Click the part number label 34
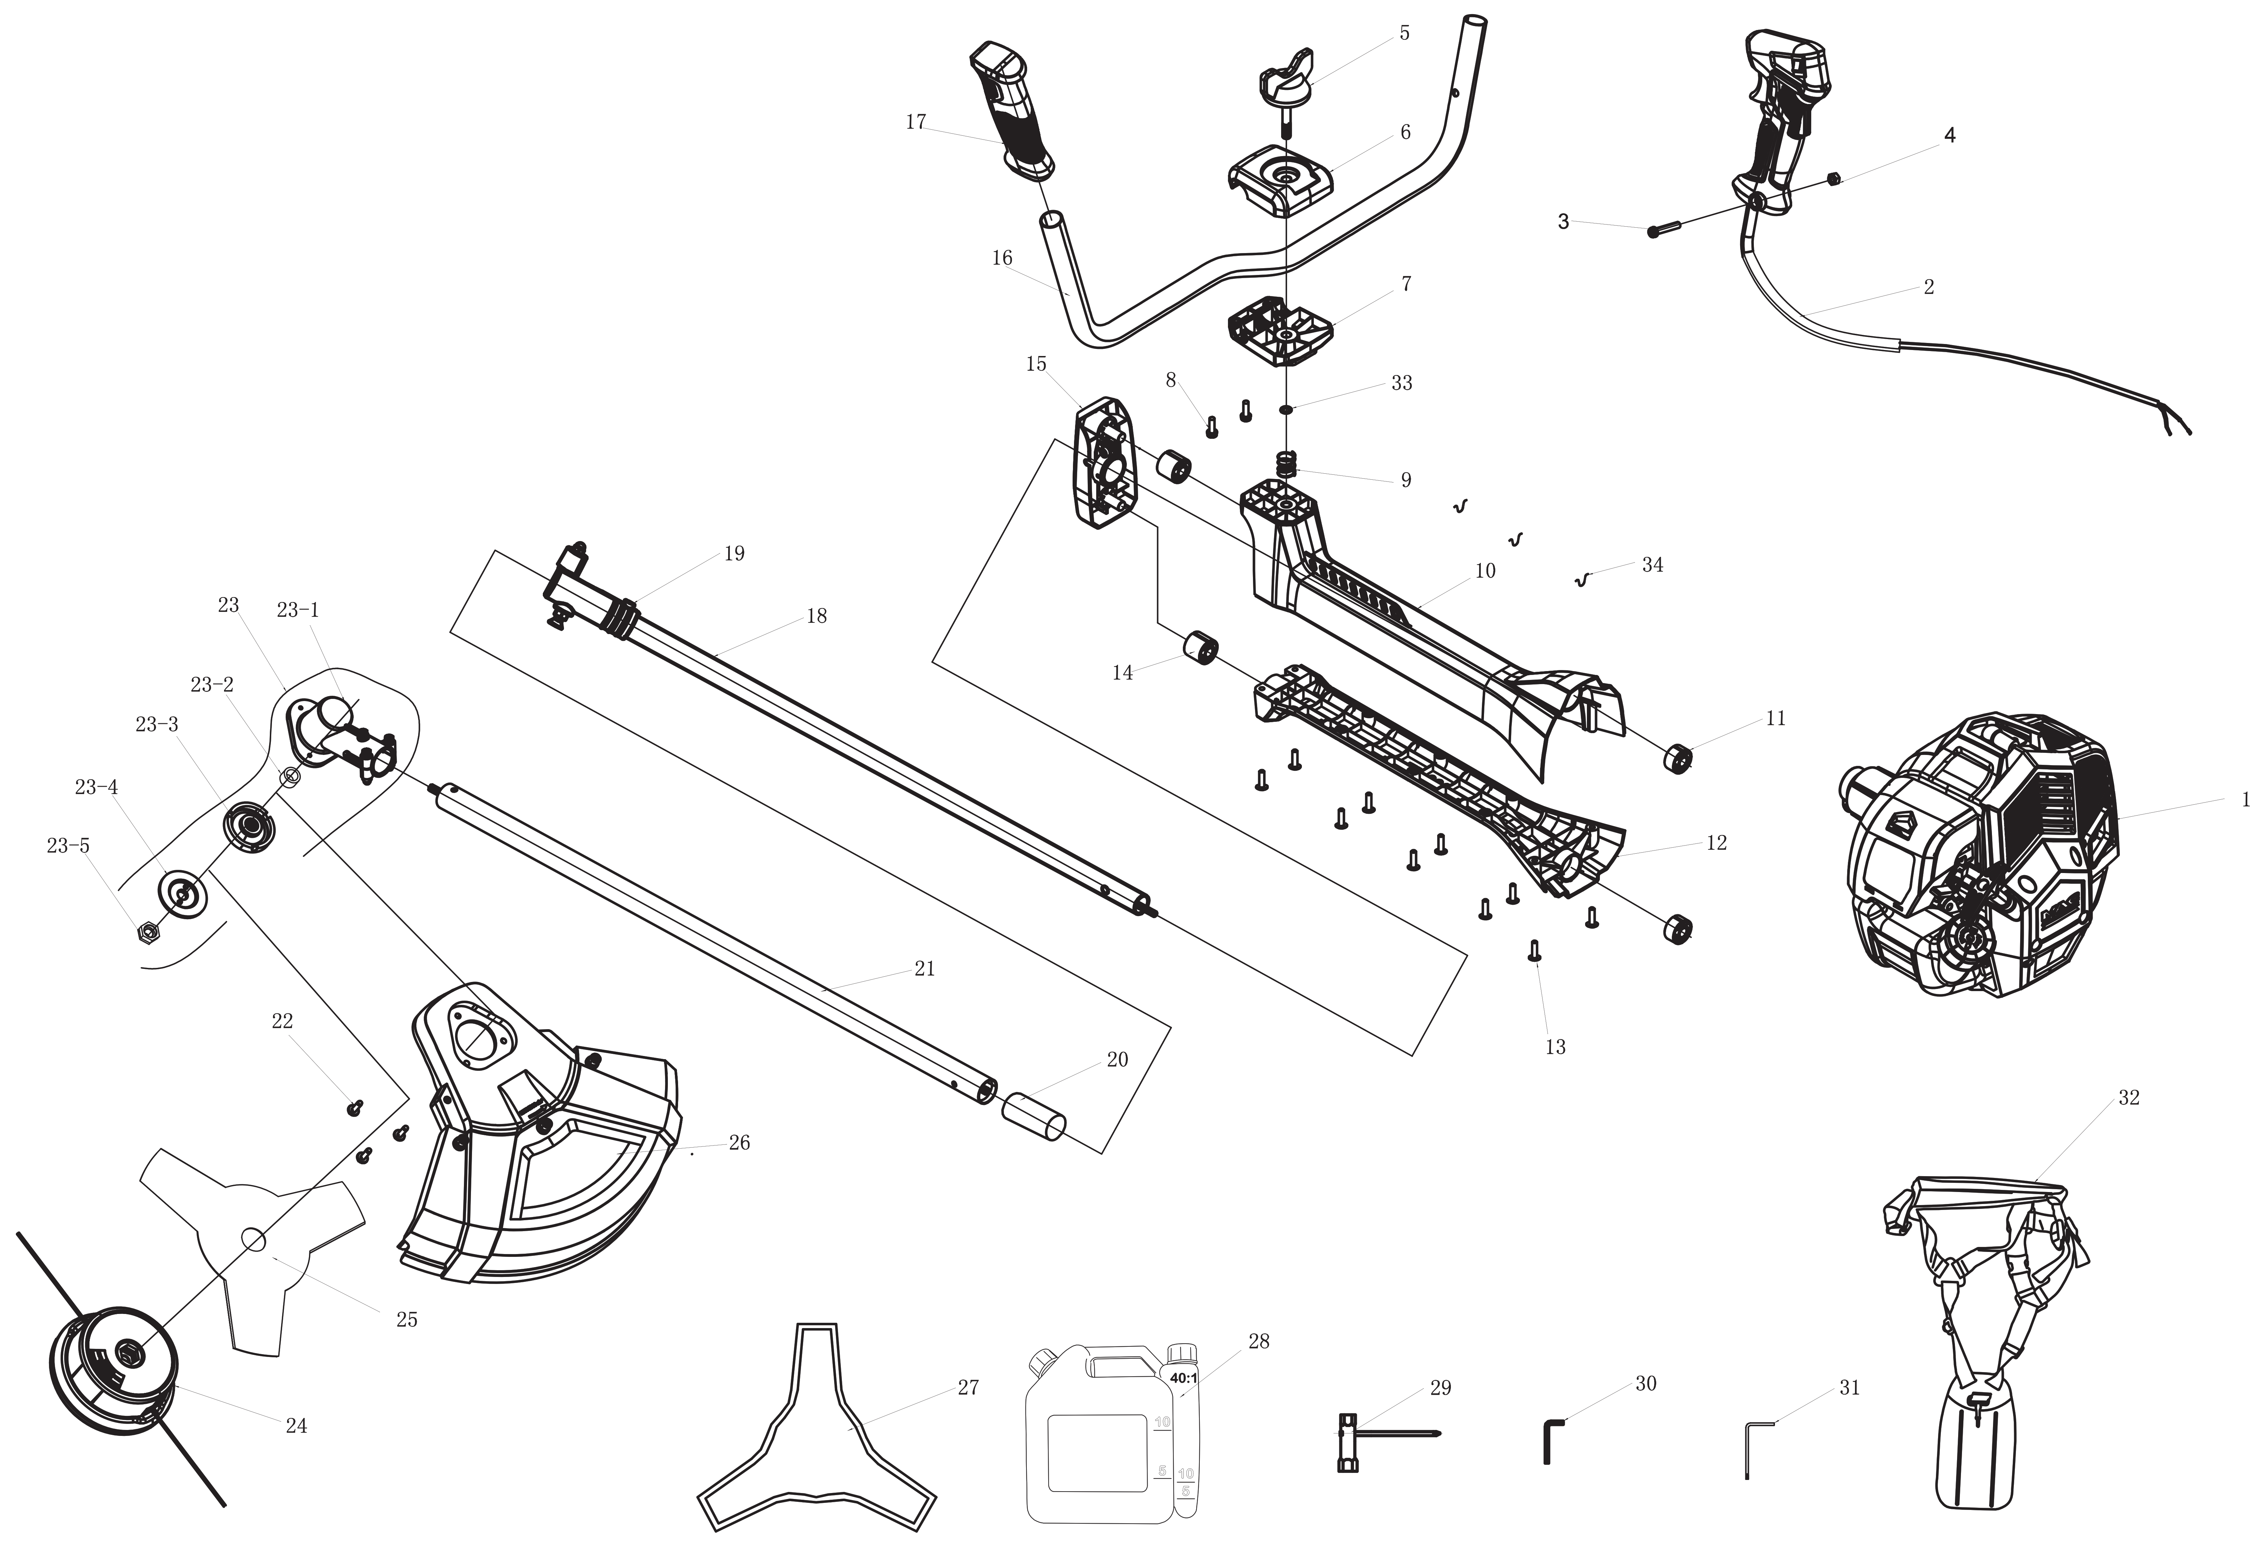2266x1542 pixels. (1652, 565)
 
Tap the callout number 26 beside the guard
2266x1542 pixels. (739, 1142)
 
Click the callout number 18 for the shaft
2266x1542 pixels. (816, 615)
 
